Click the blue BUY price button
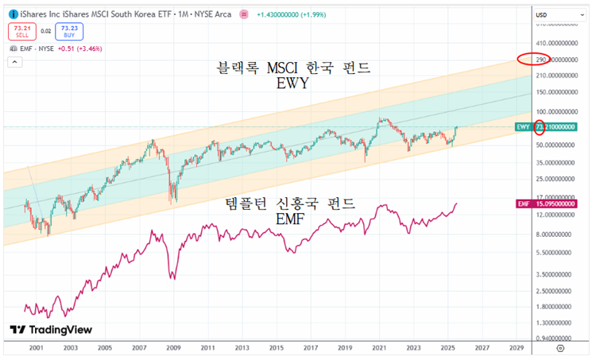click(69, 31)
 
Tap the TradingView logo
click(51, 330)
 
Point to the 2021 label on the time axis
click(379, 348)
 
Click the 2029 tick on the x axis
click(517, 348)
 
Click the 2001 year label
click(35, 348)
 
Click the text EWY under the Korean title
click(293, 83)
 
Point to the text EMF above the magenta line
click(290, 219)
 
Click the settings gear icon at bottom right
click(561, 348)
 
